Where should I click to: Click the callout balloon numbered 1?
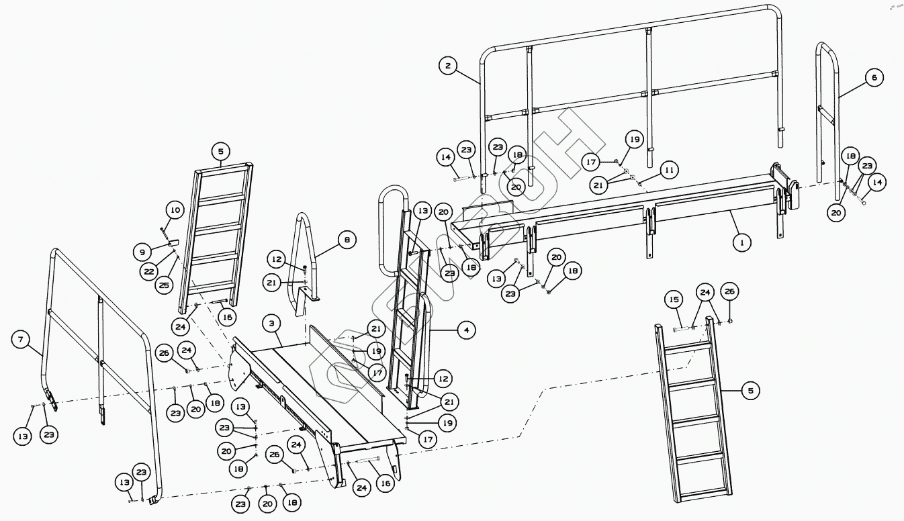741,242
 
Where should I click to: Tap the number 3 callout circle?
271,324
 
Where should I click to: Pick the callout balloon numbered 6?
873,78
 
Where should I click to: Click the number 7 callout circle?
21,340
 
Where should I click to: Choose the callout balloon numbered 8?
346,240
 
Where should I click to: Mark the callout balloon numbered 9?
142,252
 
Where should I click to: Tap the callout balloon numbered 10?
174,211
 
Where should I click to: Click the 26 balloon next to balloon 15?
729,291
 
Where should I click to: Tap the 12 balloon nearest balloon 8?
277,258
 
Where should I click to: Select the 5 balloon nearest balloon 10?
221,150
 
